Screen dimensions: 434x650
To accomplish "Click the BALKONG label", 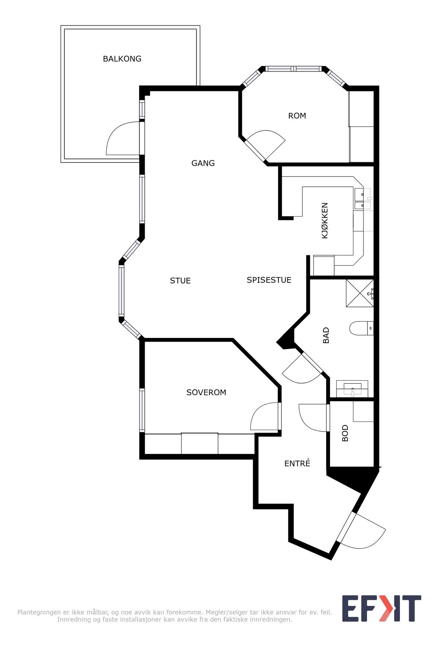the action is (122, 58).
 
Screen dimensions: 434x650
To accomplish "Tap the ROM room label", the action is (297, 116).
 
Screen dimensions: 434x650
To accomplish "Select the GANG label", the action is (203, 163).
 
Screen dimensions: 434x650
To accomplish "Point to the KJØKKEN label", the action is (325, 220).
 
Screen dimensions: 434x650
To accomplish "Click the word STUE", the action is (180, 281).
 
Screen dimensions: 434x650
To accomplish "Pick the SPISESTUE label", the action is (269, 280).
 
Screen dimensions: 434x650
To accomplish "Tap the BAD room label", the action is (326, 335).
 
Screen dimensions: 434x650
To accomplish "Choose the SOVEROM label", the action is (206, 392).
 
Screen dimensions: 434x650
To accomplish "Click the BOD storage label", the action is (345, 433).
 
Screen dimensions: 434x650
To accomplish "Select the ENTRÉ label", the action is (297, 463).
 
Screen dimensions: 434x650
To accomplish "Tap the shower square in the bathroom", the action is (360, 293).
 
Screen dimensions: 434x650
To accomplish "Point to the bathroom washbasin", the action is (352, 389).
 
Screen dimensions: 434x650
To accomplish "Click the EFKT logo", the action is (382, 608).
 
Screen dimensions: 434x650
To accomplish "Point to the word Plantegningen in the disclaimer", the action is (39, 612).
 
